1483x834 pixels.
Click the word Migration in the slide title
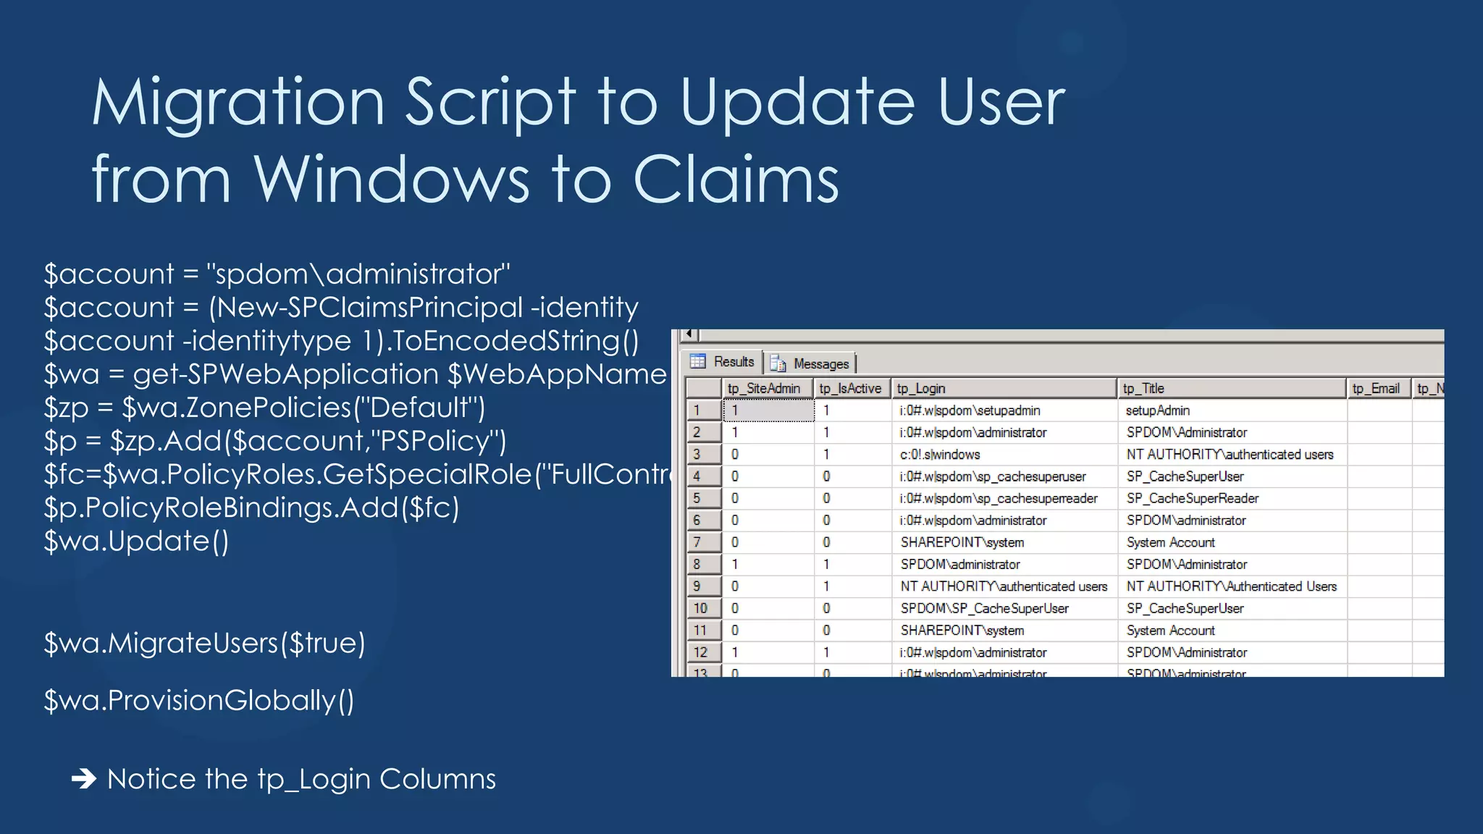(238, 103)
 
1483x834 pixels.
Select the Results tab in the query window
(723, 362)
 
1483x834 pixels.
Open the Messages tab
(812, 363)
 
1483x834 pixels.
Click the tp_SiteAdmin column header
(764, 389)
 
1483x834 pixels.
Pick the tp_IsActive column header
(850, 389)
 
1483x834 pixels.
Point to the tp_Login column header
(921, 389)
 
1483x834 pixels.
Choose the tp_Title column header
(1144, 389)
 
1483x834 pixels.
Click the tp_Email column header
(1375, 389)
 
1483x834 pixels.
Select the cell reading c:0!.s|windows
(940, 455)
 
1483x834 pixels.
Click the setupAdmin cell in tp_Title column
(1157, 410)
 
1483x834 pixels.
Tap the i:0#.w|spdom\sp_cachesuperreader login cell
(999, 499)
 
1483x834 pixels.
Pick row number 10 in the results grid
(701, 608)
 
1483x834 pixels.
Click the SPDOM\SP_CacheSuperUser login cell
(984, 608)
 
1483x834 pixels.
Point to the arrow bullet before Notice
(84, 779)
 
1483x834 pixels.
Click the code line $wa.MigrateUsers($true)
(204, 643)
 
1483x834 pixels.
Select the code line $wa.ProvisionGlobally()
(199, 700)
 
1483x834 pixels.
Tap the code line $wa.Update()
(136, 541)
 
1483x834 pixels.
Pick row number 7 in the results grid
(697, 542)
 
